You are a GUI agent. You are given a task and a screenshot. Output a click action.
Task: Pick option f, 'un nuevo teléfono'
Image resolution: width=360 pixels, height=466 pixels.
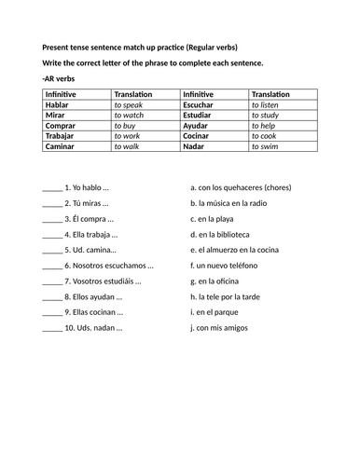(229, 266)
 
